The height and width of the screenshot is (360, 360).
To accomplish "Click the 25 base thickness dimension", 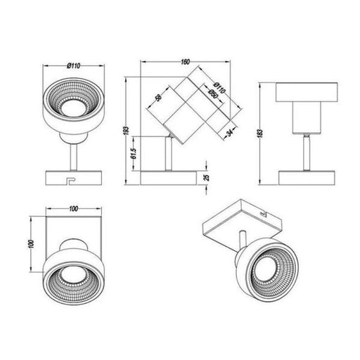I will point(205,179).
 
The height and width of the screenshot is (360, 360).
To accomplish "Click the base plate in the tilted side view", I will point(168,178).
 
